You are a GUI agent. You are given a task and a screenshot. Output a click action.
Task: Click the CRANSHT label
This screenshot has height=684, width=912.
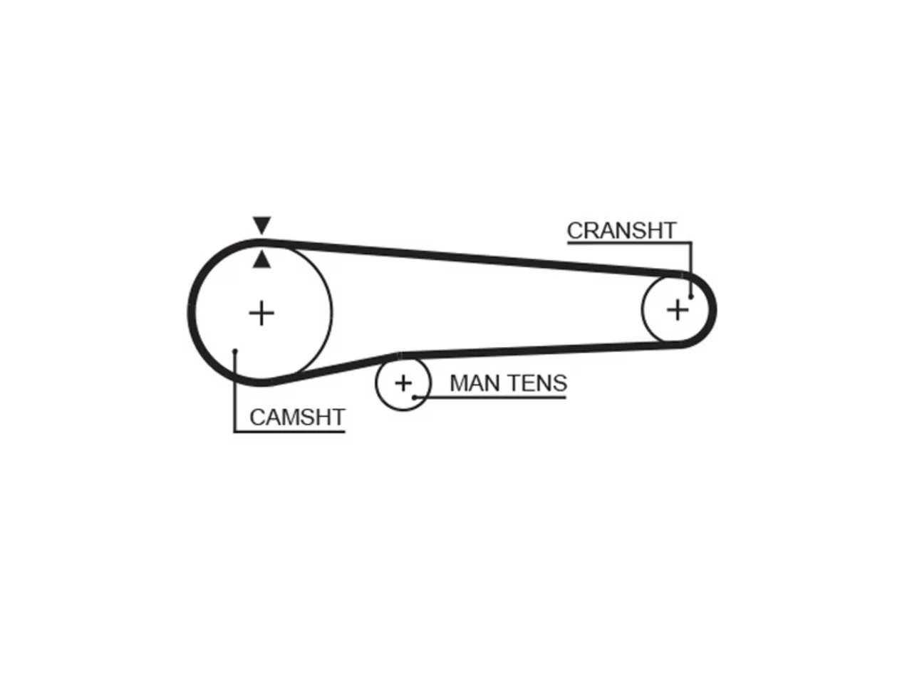coord(621,230)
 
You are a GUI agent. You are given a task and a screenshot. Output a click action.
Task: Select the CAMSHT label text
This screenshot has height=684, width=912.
coord(297,417)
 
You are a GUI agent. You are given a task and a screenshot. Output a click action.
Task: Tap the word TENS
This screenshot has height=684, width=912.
coord(537,383)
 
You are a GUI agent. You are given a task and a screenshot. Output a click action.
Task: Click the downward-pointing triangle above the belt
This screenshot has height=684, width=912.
coord(261,224)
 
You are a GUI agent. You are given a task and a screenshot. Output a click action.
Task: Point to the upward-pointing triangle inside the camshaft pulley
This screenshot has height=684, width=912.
coord(261,259)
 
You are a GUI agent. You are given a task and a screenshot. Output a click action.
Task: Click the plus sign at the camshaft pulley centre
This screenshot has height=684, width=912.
coord(261,313)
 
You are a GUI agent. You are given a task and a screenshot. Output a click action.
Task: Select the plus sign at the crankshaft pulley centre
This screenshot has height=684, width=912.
coord(678,310)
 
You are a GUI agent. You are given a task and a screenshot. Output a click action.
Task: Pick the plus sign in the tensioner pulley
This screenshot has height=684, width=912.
coord(403,383)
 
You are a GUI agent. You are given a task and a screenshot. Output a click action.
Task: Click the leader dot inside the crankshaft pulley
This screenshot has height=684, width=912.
coord(690,296)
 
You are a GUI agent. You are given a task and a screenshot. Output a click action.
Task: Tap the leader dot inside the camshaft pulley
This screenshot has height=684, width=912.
coord(234,351)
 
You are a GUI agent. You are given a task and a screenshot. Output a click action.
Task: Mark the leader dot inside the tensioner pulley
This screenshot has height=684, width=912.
coord(414,398)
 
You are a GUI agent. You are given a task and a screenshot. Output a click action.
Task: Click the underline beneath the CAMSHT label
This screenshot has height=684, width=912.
coord(289,432)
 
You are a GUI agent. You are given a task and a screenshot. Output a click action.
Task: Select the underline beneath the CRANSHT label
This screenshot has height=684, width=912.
coord(629,242)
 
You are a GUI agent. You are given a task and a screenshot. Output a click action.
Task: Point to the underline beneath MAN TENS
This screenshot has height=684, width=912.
coord(490,398)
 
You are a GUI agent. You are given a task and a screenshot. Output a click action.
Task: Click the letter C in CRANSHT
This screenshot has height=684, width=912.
coord(576,230)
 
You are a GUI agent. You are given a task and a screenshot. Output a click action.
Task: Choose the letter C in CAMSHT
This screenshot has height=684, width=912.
coord(258,417)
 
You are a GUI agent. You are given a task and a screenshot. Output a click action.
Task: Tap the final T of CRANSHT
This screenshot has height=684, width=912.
coord(668,230)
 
